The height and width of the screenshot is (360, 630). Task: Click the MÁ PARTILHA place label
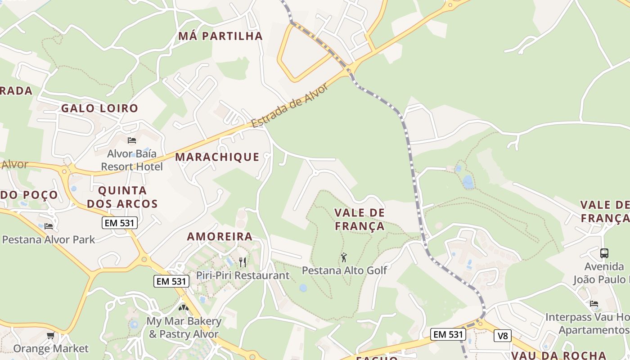coord(220,36)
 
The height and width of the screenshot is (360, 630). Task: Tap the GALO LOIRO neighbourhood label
coord(99,108)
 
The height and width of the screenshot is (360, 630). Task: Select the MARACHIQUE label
coord(217,157)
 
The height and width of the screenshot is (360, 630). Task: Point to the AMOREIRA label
coord(220,237)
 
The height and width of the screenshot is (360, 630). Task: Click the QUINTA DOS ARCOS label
coord(122,197)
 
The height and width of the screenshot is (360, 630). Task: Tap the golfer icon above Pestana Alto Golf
coord(344,257)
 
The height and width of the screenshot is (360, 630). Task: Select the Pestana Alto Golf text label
coord(344,270)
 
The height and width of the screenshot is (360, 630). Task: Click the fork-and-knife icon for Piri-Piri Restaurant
coord(243,262)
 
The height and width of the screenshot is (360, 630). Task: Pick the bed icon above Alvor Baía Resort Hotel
coord(132,140)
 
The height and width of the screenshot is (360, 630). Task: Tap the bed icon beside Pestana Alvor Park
coord(49,226)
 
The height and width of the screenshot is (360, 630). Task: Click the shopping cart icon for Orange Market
coord(51,336)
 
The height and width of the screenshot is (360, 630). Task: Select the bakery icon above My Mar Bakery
coord(184,308)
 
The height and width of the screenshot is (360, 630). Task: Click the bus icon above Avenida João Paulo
coord(604,253)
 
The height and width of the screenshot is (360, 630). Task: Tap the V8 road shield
coord(502,335)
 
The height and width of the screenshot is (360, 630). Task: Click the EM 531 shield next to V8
coord(448,334)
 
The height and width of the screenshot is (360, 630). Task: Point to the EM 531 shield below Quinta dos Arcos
coord(119,222)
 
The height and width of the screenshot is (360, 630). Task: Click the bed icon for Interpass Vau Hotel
coord(594,304)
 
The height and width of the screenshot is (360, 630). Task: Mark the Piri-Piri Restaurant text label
coord(243,275)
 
